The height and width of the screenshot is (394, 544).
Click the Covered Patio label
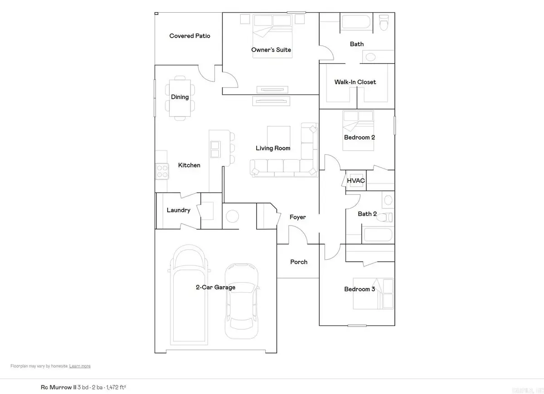[189, 36]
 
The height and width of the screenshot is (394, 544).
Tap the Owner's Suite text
[271, 50]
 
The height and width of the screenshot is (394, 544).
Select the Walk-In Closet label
[355, 82]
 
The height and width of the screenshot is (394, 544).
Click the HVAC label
[356, 181]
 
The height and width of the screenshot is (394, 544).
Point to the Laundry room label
[178, 210]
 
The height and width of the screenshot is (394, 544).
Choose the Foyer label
[298, 217]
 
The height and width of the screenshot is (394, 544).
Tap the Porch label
[299, 262]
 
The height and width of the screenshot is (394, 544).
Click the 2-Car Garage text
[215, 287]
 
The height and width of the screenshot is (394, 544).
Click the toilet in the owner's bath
[384, 23]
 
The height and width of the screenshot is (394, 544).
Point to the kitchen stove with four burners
[162, 171]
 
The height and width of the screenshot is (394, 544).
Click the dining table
[180, 97]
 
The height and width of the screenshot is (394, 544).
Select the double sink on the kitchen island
[215, 146]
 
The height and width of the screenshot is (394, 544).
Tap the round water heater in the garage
[232, 216]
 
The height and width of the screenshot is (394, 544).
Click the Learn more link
[80, 366]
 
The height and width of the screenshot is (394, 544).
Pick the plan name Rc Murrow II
[57, 388]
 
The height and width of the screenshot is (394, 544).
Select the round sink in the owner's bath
[370, 57]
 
